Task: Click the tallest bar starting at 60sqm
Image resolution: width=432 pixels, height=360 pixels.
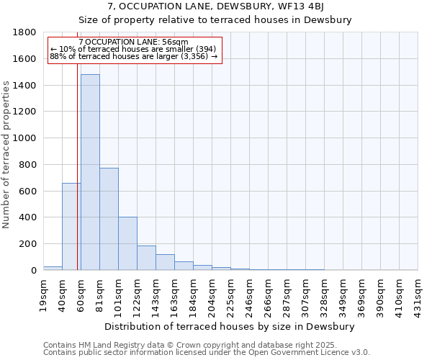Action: click(x=90, y=173)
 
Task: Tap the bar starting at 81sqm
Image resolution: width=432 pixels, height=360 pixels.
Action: click(x=109, y=220)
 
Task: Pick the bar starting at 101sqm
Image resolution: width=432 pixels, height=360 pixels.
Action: click(x=127, y=243)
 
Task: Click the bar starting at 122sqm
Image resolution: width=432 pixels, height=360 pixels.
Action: click(x=146, y=258)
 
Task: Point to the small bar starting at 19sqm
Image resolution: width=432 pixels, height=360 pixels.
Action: click(x=53, y=268)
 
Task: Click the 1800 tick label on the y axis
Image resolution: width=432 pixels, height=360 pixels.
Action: click(x=24, y=32)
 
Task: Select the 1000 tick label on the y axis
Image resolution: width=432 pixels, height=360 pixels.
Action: click(x=24, y=138)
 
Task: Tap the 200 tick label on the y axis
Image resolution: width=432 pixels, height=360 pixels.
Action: click(x=27, y=244)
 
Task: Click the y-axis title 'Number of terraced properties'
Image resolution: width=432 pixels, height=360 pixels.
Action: click(x=6, y=155)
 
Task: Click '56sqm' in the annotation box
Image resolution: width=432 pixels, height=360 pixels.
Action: click(x=176, y=42)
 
